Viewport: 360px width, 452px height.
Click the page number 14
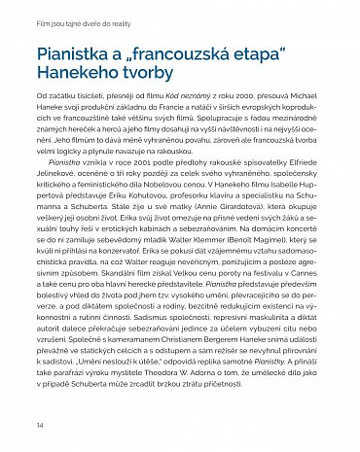[39, 426]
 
